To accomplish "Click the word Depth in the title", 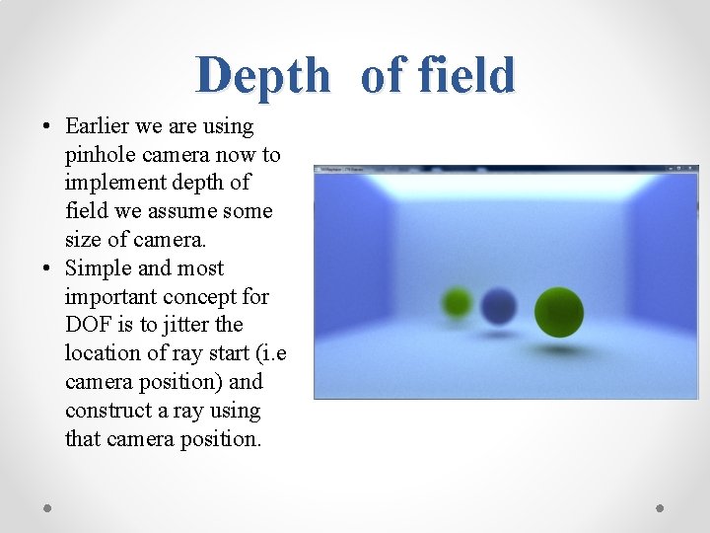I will click(262, 76).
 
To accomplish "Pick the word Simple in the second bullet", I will click(97, 268).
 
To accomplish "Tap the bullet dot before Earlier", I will click(46, 127).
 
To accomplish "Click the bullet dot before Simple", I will click(46, 269).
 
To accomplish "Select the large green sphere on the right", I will click(558, 311).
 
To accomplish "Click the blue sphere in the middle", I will click(499, 306).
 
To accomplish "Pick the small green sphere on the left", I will click(457, 301).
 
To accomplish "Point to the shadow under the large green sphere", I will click(560, 348).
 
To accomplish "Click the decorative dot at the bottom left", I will click(48, 507).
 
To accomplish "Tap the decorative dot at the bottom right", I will click(660, 507).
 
